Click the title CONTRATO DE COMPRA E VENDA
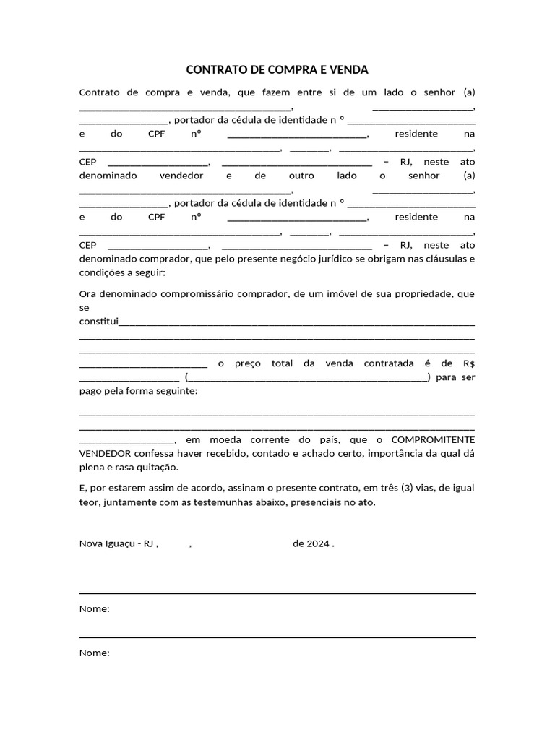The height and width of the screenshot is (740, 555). click(x=277, y=70)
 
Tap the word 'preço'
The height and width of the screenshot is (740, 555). click(x=247, y=363)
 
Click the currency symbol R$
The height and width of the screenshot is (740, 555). click(x=468, y=363)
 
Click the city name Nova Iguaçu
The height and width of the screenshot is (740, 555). click(x=109, y=544)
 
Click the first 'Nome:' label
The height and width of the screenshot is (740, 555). click(x=94, y=609)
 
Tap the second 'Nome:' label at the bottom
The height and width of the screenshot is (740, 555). click(x=94, y=653)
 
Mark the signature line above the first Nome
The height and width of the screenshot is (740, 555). click(x=277, y=594)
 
